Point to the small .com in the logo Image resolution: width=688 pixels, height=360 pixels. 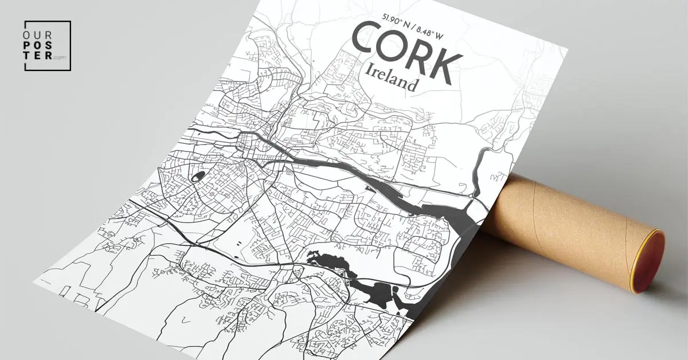(59, 57)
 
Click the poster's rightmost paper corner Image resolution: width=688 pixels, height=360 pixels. (568, 49)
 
